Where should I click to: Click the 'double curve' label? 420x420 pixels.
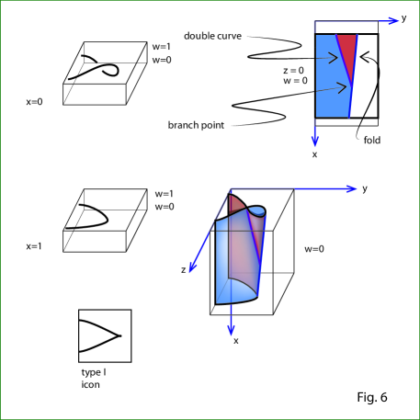[x=212, y=36]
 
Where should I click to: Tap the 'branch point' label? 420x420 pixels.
[x=196, y=125]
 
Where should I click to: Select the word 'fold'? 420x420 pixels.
[x=372, y=140]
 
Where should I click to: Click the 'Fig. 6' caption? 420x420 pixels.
[x=372, y=397]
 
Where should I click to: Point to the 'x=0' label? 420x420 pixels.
[x=34, y=102]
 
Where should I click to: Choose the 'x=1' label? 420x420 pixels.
[x=34, y=246]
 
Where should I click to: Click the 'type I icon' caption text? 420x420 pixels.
[x=94, y=379]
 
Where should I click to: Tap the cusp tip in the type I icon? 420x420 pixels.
[x=119, y=336]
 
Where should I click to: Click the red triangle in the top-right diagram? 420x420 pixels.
[x=348, y=53]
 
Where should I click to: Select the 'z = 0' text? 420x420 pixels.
[x=293, y=71]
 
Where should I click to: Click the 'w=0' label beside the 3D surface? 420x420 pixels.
[x=314, y=249]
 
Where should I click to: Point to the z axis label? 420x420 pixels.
[x=183, y=270]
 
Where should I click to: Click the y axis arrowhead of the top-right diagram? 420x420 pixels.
[x=393, y=20]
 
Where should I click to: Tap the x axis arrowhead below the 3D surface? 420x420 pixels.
[x=231, y=330]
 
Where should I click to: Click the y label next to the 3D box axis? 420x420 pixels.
[x=365, y=188]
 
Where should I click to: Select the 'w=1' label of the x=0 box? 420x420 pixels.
[x=162, y=47]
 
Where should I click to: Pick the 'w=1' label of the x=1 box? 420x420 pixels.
[x=165, y=194]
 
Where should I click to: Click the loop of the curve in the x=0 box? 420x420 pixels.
[x=111, y=70]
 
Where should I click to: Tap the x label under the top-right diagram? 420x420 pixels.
[x=314, y=154]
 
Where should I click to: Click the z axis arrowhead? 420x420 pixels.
[x=192, y=267]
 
